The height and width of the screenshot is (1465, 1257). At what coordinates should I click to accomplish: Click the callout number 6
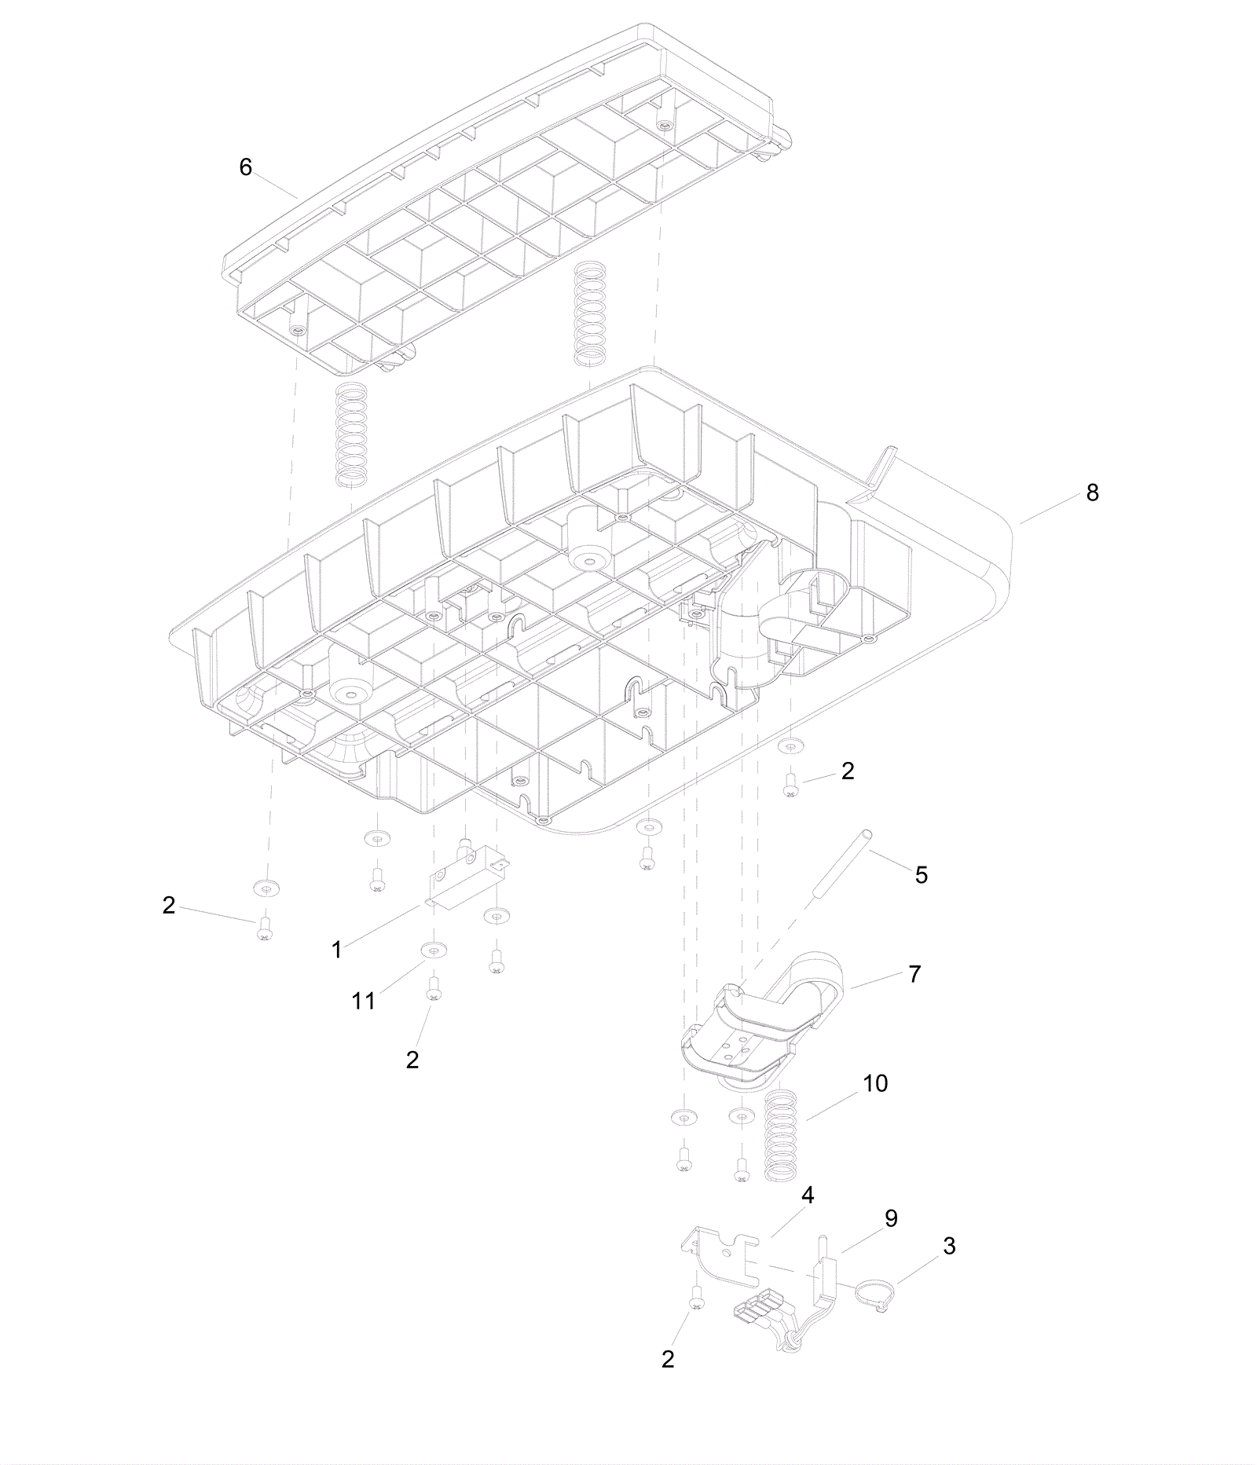pyautogui.click(x=246, y=167)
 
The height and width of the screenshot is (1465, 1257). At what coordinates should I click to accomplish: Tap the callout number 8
pyautogui.click(x=1092, y=493)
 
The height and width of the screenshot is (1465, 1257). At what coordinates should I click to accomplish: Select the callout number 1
pyautogui.click(x=337, y=950)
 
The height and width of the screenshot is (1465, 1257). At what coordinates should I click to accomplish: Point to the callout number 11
pyautogui.click(x=364, y=1001)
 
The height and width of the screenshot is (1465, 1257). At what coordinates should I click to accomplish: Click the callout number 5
pyautogui.click(x=922, y=875)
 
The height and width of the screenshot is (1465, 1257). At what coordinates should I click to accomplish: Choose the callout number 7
pyautogui.click(x=914, y=974)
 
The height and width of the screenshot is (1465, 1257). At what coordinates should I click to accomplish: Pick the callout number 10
pyautogui.click(x=875, y=1083)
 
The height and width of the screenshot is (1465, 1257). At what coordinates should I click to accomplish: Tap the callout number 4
pyautogui.click(x=808, y=1196)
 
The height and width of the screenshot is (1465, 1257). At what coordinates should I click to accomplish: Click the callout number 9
pyautogui.click(x=891, y=1218)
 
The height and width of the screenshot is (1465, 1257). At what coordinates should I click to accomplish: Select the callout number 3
pyautogui.click(x=949, y=1246)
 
